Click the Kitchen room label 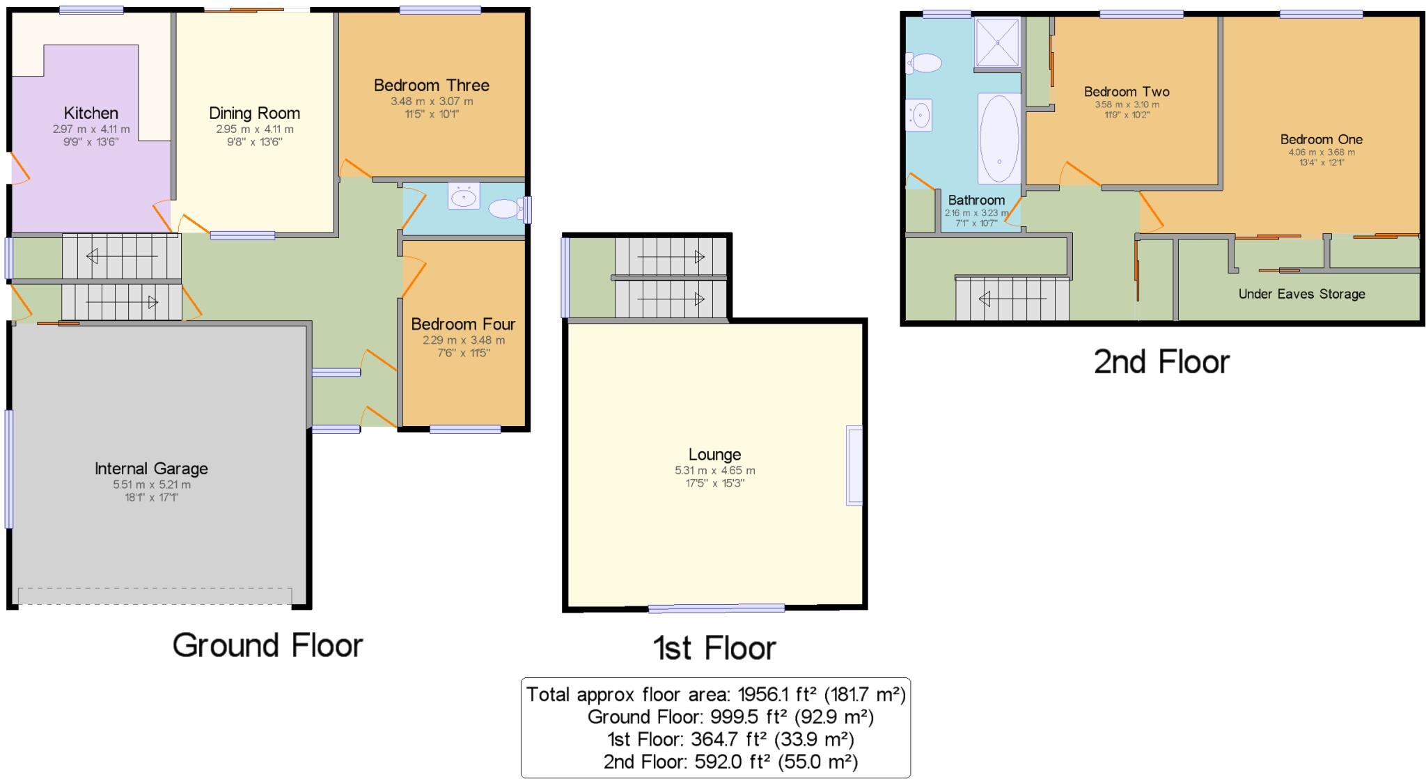(x=91, y=113)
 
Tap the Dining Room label (x=254, y=113)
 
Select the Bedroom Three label (x=432, y=85)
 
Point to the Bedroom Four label (x=463, y=324)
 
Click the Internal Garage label (x=151, y=469)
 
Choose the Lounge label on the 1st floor (x=714, y=455)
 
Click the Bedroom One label (x=1322, y=139)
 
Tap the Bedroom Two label (x=1127, y=91)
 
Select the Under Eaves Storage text (x=1301, y=294)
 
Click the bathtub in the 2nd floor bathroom (x=999, y=139)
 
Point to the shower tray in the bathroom (x=998, y=42)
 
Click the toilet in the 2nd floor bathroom (x=923, y=63)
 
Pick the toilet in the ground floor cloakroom (x=507, y=208)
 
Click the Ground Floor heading (x=268, y=645)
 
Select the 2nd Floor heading (x=1161, y=362)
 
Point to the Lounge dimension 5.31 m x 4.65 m (x=714, y=471)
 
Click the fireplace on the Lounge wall (x=854, y=465)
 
